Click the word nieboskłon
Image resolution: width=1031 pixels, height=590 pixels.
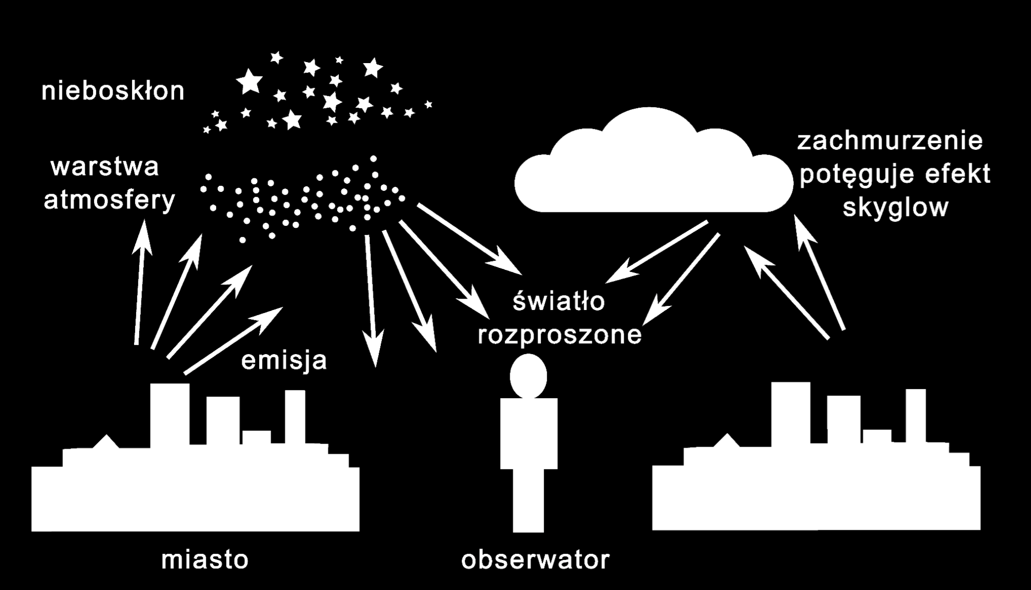[113, 91]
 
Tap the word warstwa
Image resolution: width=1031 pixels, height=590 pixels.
[105, 167]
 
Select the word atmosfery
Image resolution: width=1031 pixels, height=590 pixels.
[110, 200]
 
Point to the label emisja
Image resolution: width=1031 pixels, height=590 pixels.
[284, 360]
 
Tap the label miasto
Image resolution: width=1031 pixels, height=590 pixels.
[205, 559]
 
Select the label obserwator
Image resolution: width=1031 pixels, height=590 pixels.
[536, 559]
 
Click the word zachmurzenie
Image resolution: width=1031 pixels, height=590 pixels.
[890, 141]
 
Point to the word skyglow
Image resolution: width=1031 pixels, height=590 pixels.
[896, 207]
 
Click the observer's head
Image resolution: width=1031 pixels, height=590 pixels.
[529, 376]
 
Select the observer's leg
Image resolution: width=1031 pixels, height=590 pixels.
[529, 501]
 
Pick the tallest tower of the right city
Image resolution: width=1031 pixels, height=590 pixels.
[791, 413]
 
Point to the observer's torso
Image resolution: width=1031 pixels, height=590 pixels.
[529, 434]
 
